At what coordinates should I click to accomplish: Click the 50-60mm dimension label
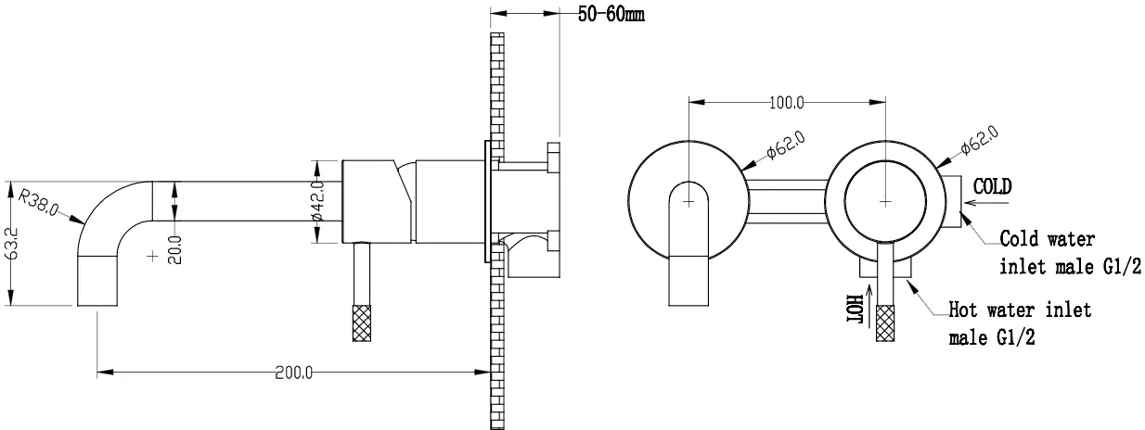pos(611,14)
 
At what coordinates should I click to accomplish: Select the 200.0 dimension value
pos(293,373)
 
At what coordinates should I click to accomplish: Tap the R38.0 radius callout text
pos(38,202)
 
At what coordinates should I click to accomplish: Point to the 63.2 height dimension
pos(13,244)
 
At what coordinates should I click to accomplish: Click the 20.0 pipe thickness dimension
pos(174,249)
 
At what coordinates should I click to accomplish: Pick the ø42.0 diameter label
pos(318,201)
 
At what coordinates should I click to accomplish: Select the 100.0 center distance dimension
pos(786,103)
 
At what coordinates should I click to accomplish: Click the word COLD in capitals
pos(992,186)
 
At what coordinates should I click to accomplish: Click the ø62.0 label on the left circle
pos(786,145)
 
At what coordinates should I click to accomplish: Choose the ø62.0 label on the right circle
pos(980,139)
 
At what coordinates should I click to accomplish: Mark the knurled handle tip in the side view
pos(362,322)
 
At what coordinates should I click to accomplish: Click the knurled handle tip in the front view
pos(885,322)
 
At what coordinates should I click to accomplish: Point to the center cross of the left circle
pos(688,202)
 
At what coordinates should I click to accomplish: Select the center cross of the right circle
pos(885,202)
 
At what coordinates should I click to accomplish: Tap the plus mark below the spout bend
pos(152,256)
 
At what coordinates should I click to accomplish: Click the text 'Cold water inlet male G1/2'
pos(1070,253)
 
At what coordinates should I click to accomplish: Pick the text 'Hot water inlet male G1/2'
pos(1020,323)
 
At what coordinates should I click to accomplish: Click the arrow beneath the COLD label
pos(987,203)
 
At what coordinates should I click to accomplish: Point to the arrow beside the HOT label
pos(868,306)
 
